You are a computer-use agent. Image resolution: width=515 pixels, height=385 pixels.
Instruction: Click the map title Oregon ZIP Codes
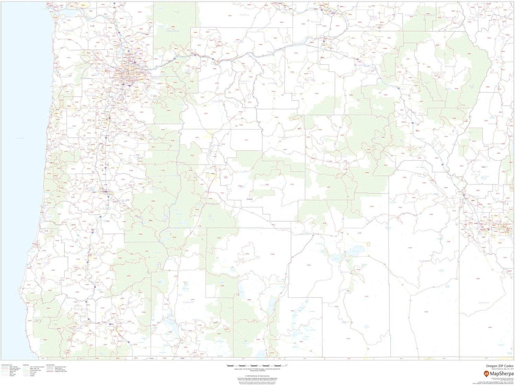pos(500,366)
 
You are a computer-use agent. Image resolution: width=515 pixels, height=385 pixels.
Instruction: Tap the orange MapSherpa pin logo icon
pos(486,373)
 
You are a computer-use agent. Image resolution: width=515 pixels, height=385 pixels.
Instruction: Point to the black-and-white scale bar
pos(257,366)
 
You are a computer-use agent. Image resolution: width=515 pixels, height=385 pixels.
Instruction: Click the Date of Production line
pos(502,369)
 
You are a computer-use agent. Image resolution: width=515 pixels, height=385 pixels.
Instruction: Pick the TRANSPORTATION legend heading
pos(7,365)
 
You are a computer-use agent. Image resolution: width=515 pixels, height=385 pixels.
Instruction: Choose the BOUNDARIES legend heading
pos(50,365)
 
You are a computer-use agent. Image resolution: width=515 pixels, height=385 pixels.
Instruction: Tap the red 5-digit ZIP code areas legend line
pos(50,371)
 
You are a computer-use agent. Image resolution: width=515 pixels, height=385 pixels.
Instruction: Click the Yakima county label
pos(244,15)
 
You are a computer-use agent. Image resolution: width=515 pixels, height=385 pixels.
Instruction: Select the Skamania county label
pos(172,31)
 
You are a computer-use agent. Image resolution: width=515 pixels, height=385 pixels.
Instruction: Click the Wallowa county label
pos(449,66)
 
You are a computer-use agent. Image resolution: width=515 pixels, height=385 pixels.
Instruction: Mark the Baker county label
pos(421,139)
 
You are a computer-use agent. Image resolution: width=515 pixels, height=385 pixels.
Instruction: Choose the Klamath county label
pos(187,302)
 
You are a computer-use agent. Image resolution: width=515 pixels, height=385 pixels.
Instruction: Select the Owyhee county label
pos(484,303)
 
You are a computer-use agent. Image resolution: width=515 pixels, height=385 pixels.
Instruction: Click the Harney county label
pos(345,272)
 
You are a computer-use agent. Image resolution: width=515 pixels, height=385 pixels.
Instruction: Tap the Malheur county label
pos(424,261)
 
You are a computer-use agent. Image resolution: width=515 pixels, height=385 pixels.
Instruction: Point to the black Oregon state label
pos(250,199)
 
